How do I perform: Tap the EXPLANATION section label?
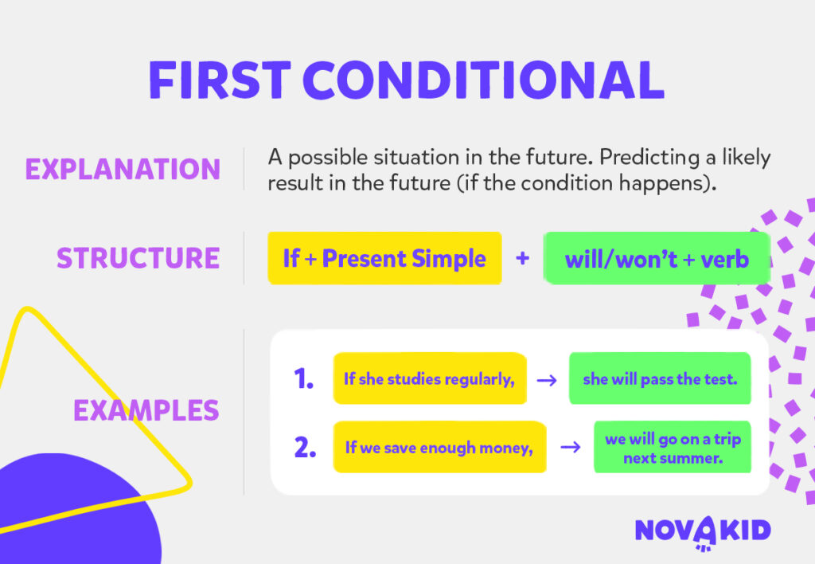123,169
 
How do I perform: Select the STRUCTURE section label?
138,258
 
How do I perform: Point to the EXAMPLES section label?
146,410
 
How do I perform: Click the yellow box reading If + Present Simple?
384,258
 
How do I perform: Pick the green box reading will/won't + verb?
657,258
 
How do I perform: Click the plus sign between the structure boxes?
523,258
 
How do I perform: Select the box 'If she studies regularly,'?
430,379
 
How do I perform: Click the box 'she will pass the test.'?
660,379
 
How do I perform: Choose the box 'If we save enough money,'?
439,448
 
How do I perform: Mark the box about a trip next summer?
673,448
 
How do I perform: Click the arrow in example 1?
546,380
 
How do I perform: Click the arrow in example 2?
570,448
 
